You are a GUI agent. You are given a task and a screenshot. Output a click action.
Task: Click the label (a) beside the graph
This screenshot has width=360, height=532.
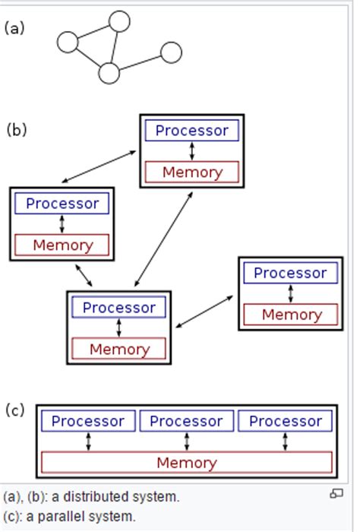tap(14, 28)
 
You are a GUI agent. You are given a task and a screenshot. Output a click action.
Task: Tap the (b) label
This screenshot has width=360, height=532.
tap(17, 128)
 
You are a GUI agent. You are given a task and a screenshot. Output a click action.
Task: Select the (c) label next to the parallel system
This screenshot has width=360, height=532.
tap(15, 410)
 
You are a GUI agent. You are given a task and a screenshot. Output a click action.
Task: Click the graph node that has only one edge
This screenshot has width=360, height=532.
tap(171, 52)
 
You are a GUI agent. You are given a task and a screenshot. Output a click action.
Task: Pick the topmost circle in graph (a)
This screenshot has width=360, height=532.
tap(119, 21)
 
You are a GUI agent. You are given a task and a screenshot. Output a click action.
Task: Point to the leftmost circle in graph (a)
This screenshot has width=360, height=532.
tap(68, 43)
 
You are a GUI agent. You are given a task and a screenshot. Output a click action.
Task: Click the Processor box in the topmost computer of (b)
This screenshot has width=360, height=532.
tap(191, 131)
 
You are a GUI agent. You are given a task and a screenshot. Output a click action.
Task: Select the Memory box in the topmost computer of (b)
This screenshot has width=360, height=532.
tap(191, 172)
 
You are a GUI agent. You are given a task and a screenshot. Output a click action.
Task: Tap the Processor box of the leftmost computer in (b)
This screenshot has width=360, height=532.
tap(62, 204)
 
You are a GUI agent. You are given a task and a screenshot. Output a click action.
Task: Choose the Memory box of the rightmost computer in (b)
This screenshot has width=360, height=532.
tap(291, 314)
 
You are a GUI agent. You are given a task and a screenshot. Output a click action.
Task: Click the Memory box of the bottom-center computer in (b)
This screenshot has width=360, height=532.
tap(118, 350)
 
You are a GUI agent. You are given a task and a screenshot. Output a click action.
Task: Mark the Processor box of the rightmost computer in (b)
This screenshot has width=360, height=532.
tap(290, 273)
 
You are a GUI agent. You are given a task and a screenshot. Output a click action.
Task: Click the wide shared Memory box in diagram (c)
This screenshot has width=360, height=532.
tap(186, 462)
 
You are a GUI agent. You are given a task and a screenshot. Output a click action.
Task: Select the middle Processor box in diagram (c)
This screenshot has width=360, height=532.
tap(186, 421)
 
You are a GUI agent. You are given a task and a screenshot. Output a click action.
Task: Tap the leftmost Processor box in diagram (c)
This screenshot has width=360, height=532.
tap(88, 421)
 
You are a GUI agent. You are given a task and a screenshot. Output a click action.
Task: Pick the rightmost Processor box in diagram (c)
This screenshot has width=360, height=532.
tap(286, 421)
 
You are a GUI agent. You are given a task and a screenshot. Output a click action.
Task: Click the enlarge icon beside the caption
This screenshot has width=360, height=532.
tap(336, 494)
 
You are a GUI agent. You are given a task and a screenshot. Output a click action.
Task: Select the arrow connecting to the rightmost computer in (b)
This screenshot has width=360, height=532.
tap(205, 312)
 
